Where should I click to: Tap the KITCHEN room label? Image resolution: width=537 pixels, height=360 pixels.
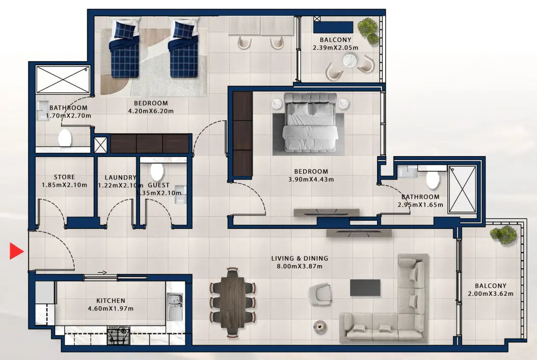click(x=111, y=301)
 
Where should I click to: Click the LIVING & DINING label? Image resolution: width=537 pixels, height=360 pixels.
click(x=300, y=259)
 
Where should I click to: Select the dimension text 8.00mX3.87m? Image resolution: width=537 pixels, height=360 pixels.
click(x=300, y=266)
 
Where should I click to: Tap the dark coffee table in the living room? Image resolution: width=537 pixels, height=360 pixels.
click(x=365, y=288)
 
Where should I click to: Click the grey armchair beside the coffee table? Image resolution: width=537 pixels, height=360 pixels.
click(x=319, y=294)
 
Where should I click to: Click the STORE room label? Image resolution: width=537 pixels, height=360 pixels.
click(x=64, y=177)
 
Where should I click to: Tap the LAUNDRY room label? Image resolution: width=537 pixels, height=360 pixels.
click(x=117, y=177)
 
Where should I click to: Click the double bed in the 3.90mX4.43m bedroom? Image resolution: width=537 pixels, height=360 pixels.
click(x=310, y=122)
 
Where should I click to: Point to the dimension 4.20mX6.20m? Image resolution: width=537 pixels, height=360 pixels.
click(x=151, y=111)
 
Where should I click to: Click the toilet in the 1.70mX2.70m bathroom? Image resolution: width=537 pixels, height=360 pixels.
click(x=65, y=138)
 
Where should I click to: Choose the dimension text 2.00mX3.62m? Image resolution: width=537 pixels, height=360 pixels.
click(x=490, y=294)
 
